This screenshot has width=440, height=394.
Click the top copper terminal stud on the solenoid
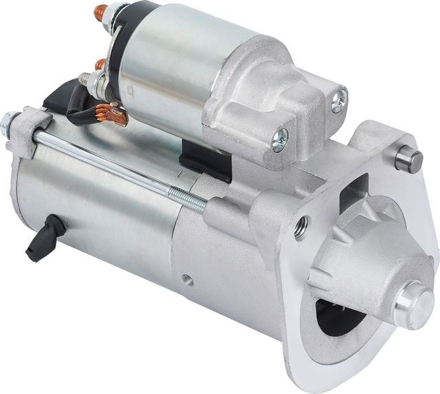[101, 11]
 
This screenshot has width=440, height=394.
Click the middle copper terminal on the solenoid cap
[101, 63]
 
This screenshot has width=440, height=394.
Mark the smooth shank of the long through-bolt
[103, 158]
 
